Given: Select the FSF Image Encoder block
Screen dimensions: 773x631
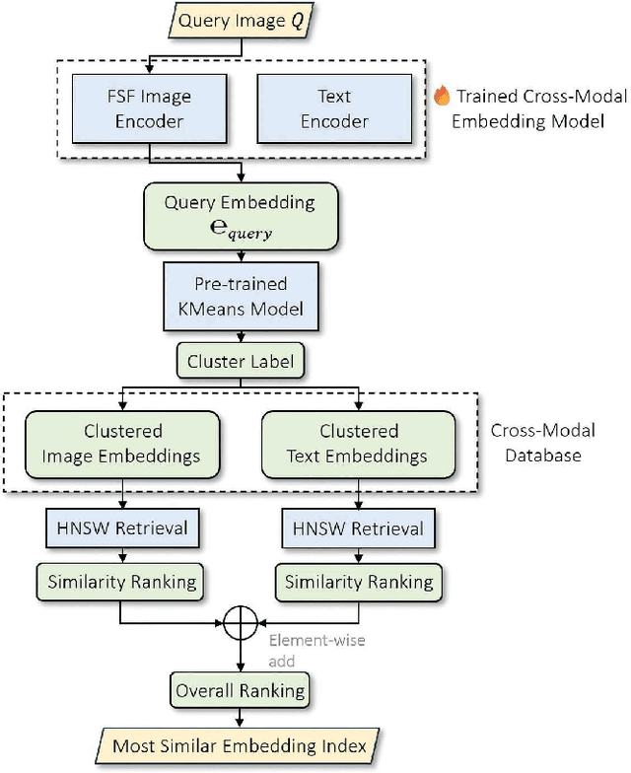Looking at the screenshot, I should pyautogui.click(x=148, y=109).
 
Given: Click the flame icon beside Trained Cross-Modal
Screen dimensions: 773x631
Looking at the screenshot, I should pyautogui.click(x=442, y=98).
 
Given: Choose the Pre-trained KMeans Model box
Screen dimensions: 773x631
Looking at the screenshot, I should pyautogui.click(x=241, y=297).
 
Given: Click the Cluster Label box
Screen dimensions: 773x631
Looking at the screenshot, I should pyautogui.click(x=241, y=361).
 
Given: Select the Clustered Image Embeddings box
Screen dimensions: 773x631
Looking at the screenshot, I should pyautogui.click(x=120, y=444).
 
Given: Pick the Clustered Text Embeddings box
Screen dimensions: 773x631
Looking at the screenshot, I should pyautogui.click(x=359, y=444).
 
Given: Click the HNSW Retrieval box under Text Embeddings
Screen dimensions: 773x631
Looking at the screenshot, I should pyautogui.click(x=359, y=528).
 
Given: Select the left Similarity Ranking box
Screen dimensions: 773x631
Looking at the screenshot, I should pyautogui.click(x=120, y=582).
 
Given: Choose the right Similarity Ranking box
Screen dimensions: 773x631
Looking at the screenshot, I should pyautogui.click(x=359, y=582).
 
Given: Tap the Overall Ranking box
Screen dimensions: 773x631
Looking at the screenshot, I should pyautogui.click(x=241, y=690).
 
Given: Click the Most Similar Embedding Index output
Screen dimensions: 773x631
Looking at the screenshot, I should pyautogui.click(x=241, y=745).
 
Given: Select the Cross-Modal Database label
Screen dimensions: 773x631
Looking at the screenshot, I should pyautogui.click(x=549, y=444).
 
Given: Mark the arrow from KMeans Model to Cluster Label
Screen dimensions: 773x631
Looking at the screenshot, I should pyautogui.click(x=241, y=336).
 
